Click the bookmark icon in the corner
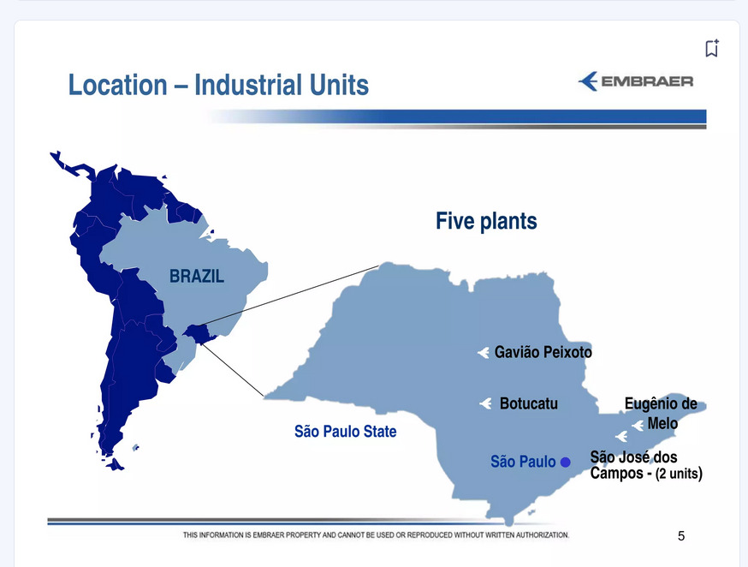[x=712, y=48]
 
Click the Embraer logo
[x=636, y=81]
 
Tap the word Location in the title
[x=118, y=85]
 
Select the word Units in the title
[x=339, y=85]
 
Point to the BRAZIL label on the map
[x=197, y=276]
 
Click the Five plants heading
[x=486, y=221]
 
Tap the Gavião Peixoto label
[x=543, y=352]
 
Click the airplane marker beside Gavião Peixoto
[x=484, y=353]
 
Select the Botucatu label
[x=529, y=403]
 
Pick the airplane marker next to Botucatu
[x=485, y=403]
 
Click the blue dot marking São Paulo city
[x=566, y=462]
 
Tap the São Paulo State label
[x=346, y=432]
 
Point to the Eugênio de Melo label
[x=661, y=414]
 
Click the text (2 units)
[x=679, y=474]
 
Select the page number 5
[x=681, y=536]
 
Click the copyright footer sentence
[x=376, y=535]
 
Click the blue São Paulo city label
[x=523, y=462]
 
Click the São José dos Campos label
[x=633, y=465]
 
